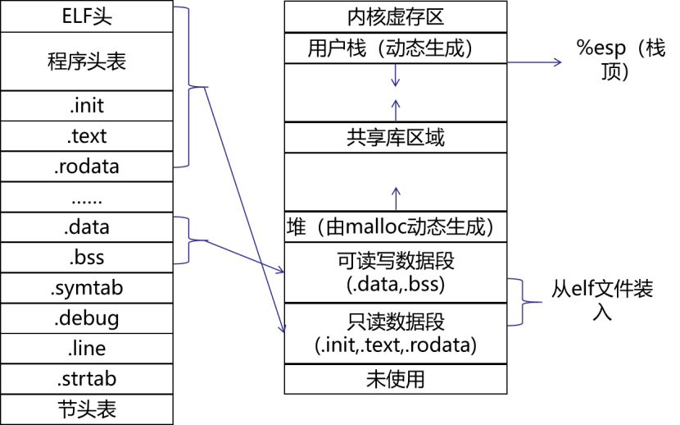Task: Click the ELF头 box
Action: [88, 16]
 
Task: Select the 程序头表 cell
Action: [88, 61]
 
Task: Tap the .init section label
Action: [88, 106]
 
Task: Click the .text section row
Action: [88, 136]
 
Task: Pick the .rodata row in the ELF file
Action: [88, 167]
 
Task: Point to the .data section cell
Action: [88, 227]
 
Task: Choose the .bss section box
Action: [88, 258]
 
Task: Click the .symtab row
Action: [88, 288]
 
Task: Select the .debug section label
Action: [88, 318]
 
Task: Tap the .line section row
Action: [88, 349]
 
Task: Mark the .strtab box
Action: [88, 379]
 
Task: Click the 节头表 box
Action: [88, 409]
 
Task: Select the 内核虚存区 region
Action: [396, 17]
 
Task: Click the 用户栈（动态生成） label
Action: [396, 48]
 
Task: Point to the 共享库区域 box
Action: [396, 138]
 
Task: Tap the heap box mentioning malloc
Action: [396, 226]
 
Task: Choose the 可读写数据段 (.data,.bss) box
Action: [396, 272]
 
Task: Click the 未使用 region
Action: [396, 379]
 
